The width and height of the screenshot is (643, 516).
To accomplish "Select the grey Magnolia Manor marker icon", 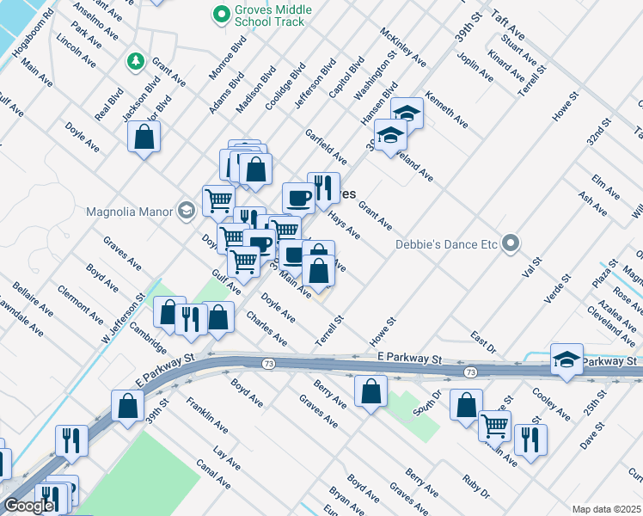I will click(x=186, y=211).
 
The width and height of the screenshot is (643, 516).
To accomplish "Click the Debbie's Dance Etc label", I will click(x=446, y=244).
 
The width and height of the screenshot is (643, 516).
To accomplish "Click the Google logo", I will click(x=28, y=506).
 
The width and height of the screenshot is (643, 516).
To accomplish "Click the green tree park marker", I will click(x=135, y=60).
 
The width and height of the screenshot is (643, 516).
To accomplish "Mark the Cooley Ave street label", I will click(x=551, y=403).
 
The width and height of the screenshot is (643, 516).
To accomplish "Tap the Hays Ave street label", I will click(x=344, y=226).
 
